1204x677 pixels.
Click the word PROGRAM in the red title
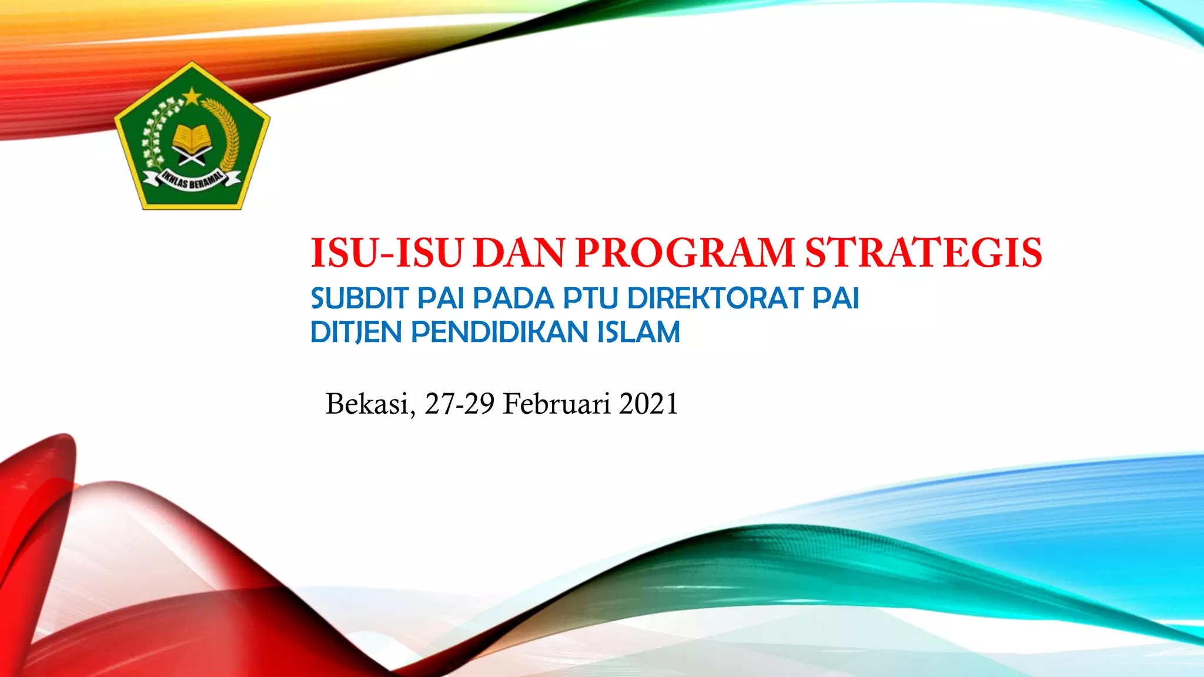685,253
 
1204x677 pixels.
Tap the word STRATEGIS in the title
923,253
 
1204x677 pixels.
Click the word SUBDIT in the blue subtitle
359,298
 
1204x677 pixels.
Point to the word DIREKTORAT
715,298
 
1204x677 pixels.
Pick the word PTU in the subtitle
590,298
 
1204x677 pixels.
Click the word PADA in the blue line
513,298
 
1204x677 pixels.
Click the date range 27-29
459,404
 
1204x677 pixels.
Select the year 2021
648,404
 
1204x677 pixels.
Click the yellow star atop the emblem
191,95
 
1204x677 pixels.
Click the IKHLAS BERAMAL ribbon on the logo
193,180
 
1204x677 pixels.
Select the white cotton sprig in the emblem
158,132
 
